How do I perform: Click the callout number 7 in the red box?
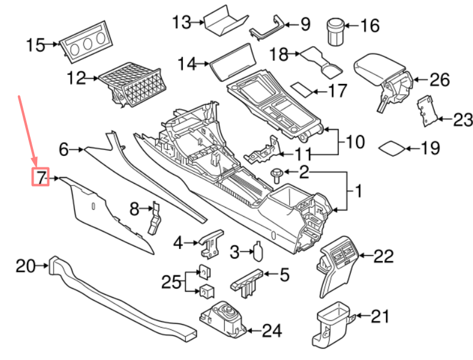click(x=40, y=178)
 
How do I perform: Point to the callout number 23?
click(x=462, y=121)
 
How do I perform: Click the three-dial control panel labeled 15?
click(x=85, y=46)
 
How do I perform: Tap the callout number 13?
click(x=180, y=23)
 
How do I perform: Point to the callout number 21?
click(x=380, y=316)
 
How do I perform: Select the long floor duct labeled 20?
click(x=120, y=297)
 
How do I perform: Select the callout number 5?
click(x=280, y=275)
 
